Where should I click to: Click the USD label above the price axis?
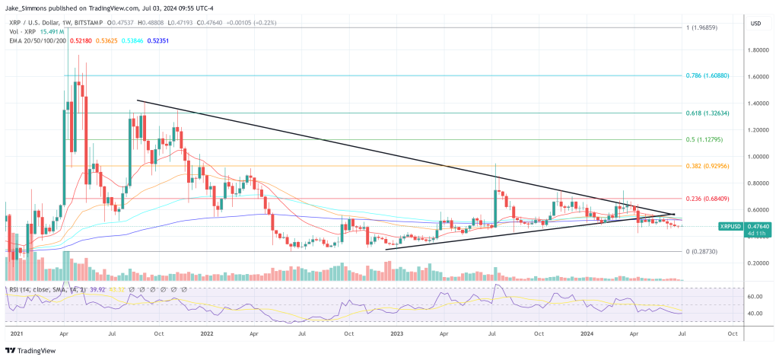tap(755, 23)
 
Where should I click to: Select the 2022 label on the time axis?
tap(206, 333)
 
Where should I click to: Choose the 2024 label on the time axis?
tap(587, 333)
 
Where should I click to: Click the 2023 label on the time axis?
tap(396, 333)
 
